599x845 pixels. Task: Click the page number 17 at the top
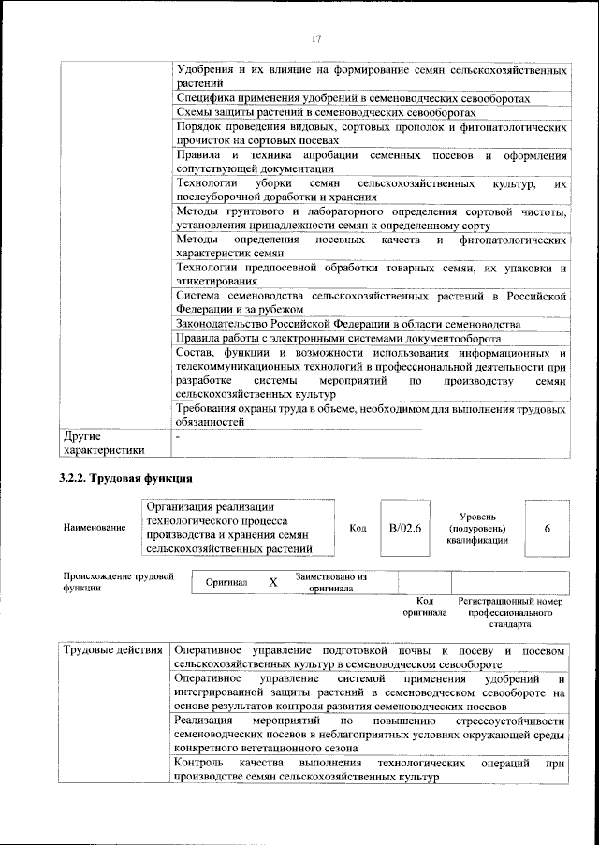tap(316, 38)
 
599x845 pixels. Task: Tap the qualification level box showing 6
tap(546, 529)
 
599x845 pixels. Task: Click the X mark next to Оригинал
tap(273, 582)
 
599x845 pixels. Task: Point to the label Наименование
tap(95, 529)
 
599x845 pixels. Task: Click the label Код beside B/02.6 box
tap(358, 529)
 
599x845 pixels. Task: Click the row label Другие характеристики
tap(103, 443)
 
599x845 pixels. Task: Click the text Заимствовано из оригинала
tap(330, 583)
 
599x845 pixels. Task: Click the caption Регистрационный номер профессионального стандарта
tap(510, 612)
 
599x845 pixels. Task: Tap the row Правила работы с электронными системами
tap(338, 338)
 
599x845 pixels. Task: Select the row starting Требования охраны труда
tap(371, 415)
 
